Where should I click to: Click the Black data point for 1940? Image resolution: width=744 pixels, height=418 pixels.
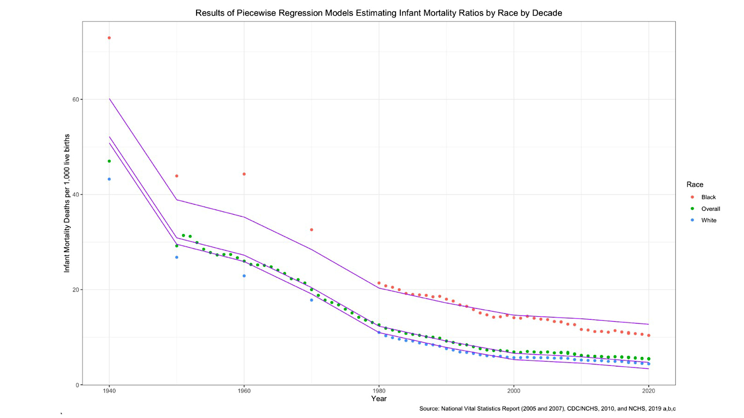109,38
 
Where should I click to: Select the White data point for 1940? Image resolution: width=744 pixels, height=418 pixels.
109,179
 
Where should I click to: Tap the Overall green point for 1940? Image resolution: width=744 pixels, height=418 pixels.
109,161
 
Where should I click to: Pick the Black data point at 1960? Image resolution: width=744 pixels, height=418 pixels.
244,174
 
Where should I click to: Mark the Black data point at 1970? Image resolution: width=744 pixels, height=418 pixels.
312,230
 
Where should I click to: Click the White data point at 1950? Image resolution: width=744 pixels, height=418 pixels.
177,257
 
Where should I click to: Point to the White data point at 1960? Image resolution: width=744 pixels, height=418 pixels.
244,276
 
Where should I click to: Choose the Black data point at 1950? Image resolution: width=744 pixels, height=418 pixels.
177,176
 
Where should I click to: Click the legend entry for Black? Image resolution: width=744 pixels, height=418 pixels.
708,197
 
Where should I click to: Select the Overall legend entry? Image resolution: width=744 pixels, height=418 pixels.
710,209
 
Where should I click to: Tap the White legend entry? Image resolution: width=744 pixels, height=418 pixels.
709,221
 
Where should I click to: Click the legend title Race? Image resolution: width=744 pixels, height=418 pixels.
695,185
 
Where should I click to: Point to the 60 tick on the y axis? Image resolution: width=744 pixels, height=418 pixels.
76,99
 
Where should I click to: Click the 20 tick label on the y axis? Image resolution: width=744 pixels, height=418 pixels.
76,290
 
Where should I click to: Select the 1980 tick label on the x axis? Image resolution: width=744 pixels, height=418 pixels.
379,391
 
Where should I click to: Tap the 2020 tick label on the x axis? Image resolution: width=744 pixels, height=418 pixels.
649,391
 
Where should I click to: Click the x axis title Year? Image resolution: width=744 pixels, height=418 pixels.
379,399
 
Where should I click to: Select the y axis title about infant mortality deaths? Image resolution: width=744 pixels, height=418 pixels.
67,203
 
